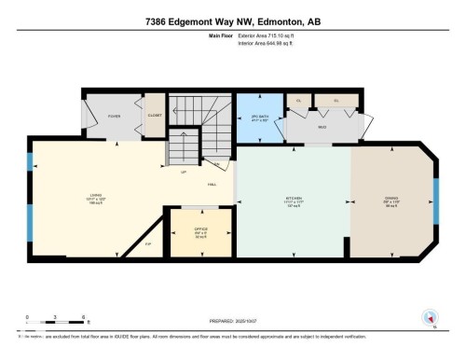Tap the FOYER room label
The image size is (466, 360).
(115, 117)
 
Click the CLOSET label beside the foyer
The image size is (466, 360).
(154, 117)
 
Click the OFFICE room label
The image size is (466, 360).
(200, 229)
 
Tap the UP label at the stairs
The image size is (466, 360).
(184, 172)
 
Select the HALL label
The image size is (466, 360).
(212, 184)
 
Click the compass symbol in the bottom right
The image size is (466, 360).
(430, 318)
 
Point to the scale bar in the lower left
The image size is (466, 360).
(56, 323)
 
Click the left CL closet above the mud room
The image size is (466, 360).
(298, 100)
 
